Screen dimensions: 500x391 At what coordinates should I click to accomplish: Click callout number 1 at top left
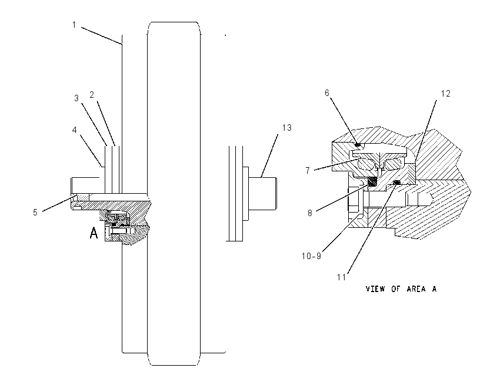(x=74, y=25)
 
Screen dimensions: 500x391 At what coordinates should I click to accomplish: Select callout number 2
(x=92, y=95)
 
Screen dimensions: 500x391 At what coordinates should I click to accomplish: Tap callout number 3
(x=76, y=98)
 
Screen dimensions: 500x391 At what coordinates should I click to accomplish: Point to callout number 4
(x=74, y=130)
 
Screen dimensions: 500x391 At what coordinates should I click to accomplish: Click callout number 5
(x=35, y=212)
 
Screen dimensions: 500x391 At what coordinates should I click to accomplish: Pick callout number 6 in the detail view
(x=327, y=93)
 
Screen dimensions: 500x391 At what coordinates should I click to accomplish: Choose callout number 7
(x=308, y=171)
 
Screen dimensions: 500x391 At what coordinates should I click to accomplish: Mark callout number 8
(x=309, y=213)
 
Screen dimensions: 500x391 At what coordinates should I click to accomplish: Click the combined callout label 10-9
(x=312, y=256)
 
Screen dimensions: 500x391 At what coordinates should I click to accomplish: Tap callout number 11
(x=342, y=277)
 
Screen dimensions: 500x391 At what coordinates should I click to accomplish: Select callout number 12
(x=446, y=94)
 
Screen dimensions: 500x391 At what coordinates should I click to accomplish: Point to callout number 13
(x=287, y=128)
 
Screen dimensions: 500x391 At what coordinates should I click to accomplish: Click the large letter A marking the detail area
(x=94, y=233)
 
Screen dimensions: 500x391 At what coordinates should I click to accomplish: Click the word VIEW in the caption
(x=376, y=289)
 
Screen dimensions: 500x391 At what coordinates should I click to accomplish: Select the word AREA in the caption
(x=416, y=289)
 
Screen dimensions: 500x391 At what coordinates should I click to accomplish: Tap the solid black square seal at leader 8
(x=372, y=181)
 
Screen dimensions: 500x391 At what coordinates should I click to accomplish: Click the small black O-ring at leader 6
(x=358, y=145)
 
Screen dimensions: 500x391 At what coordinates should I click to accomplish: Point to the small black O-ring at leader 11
(x=397, y=183)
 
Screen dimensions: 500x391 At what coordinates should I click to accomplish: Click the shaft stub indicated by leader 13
(x=263, y=194)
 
